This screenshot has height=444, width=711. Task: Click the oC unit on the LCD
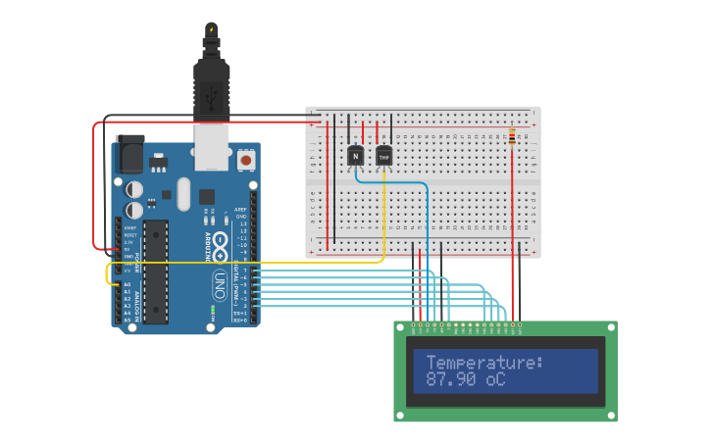(495, 379)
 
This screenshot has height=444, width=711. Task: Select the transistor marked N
(355, 155)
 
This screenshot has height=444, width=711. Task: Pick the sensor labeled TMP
(383, 156)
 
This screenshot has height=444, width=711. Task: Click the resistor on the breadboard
(512, 137)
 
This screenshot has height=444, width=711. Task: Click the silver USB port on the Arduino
(211, 142)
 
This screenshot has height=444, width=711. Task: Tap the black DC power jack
(129, 155)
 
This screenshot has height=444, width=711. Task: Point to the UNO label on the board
(221, 285)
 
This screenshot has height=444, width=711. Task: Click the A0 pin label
(127, 285)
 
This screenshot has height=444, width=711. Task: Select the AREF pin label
(241, 210)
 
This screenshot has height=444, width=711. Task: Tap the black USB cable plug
(211, 83)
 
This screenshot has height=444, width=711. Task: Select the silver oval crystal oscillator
(183, 193)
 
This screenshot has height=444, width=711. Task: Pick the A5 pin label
(127, 320)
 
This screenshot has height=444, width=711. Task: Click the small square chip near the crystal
(207, 196)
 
